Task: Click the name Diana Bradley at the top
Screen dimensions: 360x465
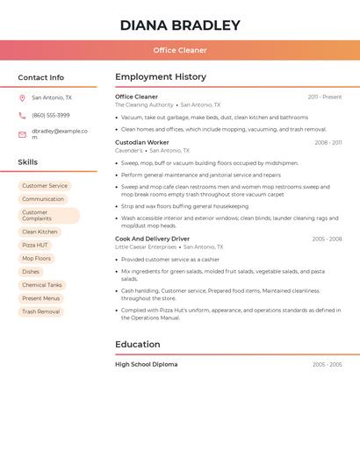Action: coord(180,25)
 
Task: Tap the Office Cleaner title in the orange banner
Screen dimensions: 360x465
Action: coord(180,50)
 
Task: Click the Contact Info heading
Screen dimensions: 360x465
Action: coord(40,77)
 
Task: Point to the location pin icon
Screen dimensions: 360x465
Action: coord(22,98)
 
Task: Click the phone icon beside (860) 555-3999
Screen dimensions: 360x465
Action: coord(22,116)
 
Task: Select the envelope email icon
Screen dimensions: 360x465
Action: coord(22,134)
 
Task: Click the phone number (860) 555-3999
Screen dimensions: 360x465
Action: coord(50,116)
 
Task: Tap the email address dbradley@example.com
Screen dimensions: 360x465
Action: coord(59,133)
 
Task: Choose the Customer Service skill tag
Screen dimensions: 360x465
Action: coord(45,186)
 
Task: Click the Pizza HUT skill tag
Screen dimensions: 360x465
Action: coord(35,246)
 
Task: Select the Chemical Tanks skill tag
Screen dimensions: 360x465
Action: coord(42,285)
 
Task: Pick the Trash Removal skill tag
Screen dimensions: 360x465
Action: coord(41,311)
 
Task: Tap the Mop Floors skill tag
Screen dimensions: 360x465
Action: coord(37,259)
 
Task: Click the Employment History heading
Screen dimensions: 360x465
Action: coord(161,77)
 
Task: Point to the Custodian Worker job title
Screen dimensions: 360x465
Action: coord(142,142)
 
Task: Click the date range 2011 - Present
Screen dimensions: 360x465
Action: coord(325,97)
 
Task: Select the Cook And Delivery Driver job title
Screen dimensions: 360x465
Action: coord(152,239)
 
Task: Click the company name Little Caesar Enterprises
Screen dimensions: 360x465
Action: coord(146,247)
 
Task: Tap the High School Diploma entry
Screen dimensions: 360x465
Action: coord(146,364)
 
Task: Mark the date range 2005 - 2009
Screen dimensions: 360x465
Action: coord(327,365)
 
